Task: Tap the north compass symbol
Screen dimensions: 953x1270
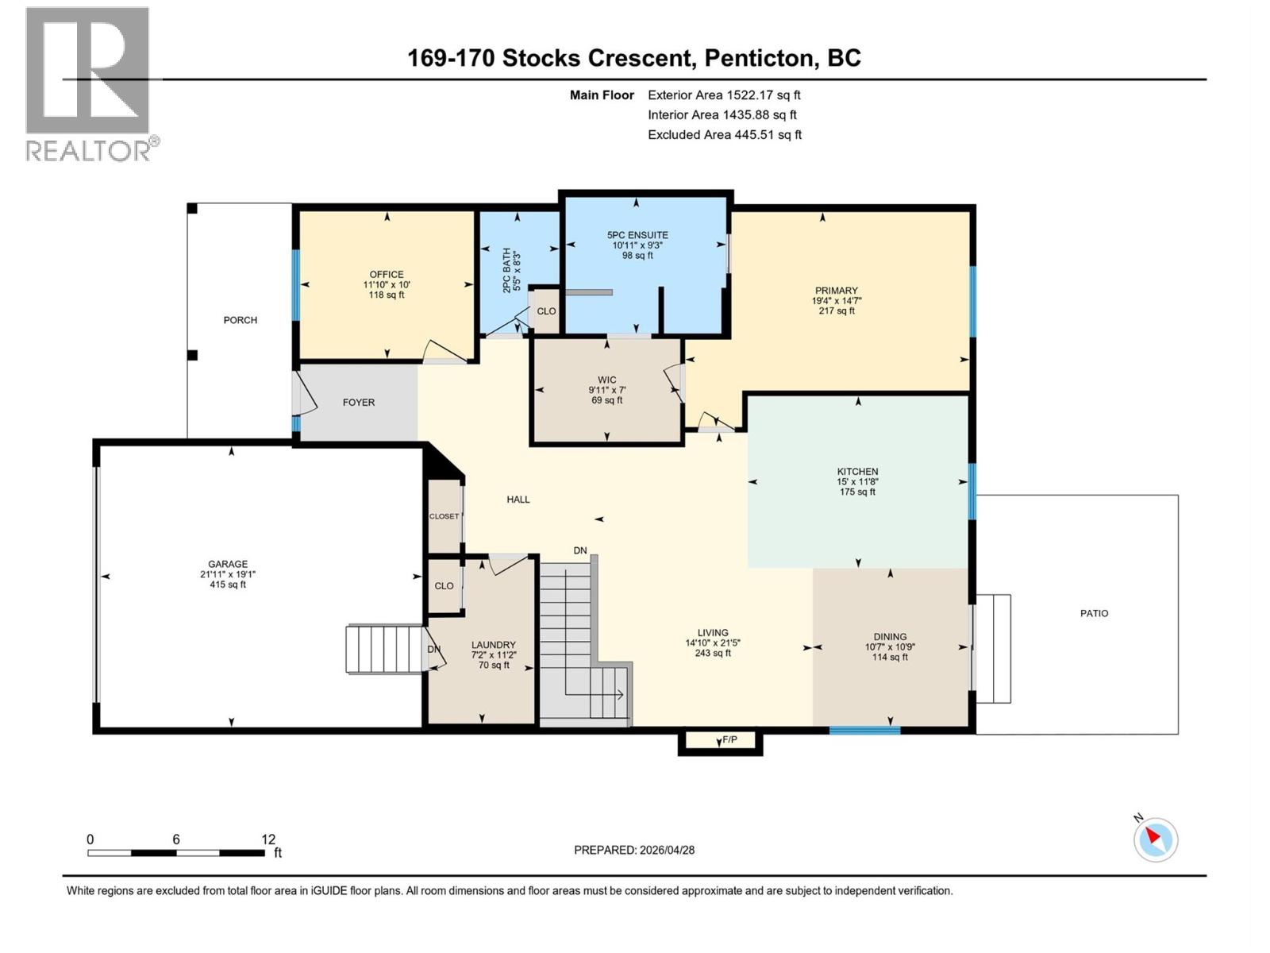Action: click(x=1155, y=839)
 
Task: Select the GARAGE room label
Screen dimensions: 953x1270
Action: click(x=228, y=564)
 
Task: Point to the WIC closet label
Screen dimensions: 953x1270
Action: click(x=607, y=380)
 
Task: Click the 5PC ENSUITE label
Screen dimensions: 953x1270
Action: click(x=637, y=235)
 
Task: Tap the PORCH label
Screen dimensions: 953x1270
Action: click(x=240, y=320)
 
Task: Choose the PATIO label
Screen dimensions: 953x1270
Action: click(x=1094, y=613)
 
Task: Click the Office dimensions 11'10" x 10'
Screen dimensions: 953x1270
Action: click(x=387, y=284)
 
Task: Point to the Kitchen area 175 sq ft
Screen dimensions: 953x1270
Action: click(x=857, y=492)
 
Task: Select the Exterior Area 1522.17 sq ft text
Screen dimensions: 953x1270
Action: click(x=724, y=95)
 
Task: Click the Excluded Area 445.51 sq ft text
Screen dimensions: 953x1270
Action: click(x=724, y=134)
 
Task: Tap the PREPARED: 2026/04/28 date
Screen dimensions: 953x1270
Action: click(x=634, y=850)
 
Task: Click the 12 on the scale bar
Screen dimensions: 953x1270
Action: click(x=268, y=839)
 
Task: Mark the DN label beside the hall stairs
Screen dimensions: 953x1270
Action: click(x=580, y=550)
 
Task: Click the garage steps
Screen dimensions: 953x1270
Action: click(x=385, y=649)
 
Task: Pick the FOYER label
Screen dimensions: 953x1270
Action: click(x=359, y=403)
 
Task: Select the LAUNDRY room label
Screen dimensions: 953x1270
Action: click(x=493, y=645)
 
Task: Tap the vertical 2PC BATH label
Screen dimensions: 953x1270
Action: click(x=506, y=271)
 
